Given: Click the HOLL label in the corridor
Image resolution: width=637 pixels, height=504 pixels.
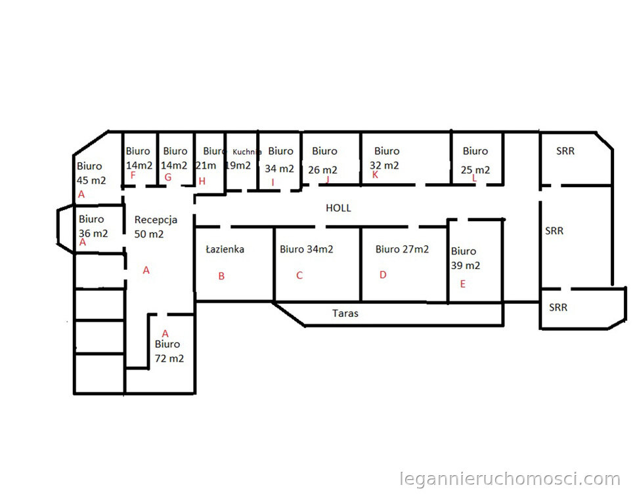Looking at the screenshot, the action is pos(338,208).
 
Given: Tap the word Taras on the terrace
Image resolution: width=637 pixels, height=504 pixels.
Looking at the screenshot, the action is pos(345,313).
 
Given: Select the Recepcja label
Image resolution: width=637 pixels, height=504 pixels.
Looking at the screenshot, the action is pos(156,220).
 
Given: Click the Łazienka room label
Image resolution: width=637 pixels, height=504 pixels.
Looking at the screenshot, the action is pos(225,249).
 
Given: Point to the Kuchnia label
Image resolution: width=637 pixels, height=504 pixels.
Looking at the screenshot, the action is pos(247,152).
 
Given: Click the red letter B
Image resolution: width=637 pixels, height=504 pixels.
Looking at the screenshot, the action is pos(221,276).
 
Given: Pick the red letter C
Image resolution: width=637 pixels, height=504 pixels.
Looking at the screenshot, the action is pos(299,276).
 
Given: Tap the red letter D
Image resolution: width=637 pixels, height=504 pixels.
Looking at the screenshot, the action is pos(383,275).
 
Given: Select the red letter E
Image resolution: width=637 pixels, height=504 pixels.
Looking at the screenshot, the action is pos(463,284).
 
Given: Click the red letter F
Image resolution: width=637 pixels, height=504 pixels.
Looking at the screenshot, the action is pos(133,175).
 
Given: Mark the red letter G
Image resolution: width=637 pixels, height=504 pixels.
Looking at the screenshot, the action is pos(167,177).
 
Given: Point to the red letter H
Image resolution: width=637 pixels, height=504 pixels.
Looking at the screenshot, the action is pos(202,181).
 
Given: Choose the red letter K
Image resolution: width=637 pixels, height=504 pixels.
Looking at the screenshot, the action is pos(375,175).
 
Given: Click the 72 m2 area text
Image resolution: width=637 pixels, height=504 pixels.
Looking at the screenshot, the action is pos(169,358).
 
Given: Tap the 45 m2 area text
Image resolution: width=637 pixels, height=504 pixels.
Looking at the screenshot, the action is pos(91,180).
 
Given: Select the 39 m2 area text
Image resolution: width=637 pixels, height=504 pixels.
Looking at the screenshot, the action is pos(466,265).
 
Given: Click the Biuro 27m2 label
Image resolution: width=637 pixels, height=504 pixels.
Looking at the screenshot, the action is pos(402,249).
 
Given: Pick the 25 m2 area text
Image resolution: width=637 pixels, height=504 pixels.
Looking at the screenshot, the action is pos(475,170).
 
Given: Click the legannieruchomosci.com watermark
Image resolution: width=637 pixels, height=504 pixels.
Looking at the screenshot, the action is pos(510,479).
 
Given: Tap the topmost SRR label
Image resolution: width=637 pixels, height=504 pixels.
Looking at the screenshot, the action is pos(565,151).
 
